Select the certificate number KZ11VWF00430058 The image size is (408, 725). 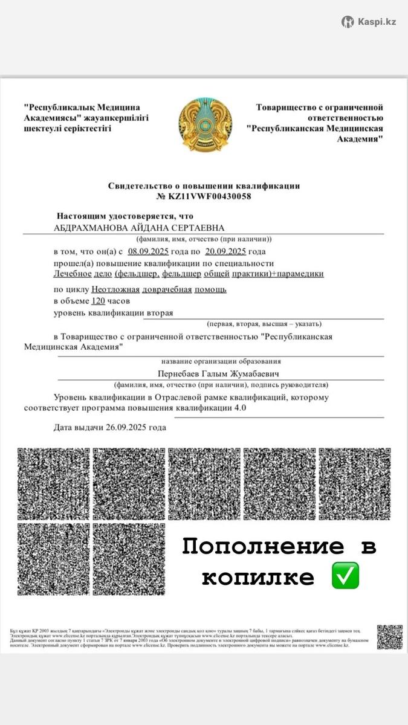[x=209, y=196]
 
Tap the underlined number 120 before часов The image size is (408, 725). [x=98, y=301]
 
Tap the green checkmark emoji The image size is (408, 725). [x=345, y=575]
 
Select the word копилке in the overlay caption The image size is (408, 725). [x=258, y=577]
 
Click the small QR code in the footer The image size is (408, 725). [x=389, y=637]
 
